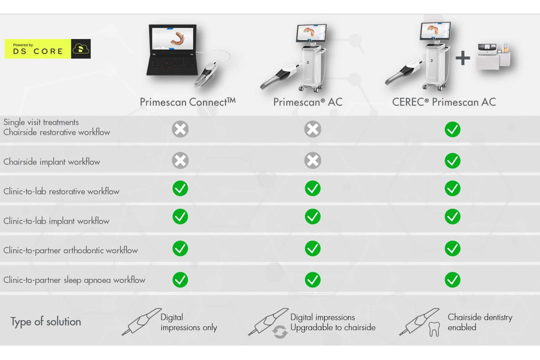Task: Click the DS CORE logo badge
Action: pyautogui.click(x=47, y=49)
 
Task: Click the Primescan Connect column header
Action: pyautogui.click(x=187, y=102)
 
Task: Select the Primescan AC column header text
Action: pyautogui.click(x=308, y=102)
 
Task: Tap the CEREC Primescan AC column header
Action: pyautogui.click(x=444, y=102)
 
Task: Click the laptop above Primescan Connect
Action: pyautogui.click(x=172, y=49)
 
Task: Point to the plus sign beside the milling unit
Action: pyautogui.click(x=463, y=58)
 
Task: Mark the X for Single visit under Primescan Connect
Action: pyautogui.click(x=180, y=129)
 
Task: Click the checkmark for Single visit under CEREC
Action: pyautogui.click(x=452, y=129)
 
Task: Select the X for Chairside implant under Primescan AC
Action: pyautogui.click(x=313, y=161)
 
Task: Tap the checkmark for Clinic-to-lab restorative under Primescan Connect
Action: pyautogui.click(x=180, y=189)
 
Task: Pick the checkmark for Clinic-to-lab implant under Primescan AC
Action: pyautogui.click(x=313, y=217)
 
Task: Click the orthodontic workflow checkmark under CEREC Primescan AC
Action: pyautogui.click(x=452, y=249)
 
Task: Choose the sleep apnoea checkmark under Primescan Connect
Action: pyautogui.click(x=180, y=280)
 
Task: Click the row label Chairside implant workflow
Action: pyautogui.click(x=52, y=162)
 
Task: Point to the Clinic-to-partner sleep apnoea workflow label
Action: pyautogui.click(x=74, y=280)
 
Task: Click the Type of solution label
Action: pyautogui.click(x=46, y=322)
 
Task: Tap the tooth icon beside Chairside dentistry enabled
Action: pyautogui.click(x=434, y=329)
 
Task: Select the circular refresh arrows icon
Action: pyautogui.click(x=280, y=332)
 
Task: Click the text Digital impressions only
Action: pyautogui.click(x=188, y=322)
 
